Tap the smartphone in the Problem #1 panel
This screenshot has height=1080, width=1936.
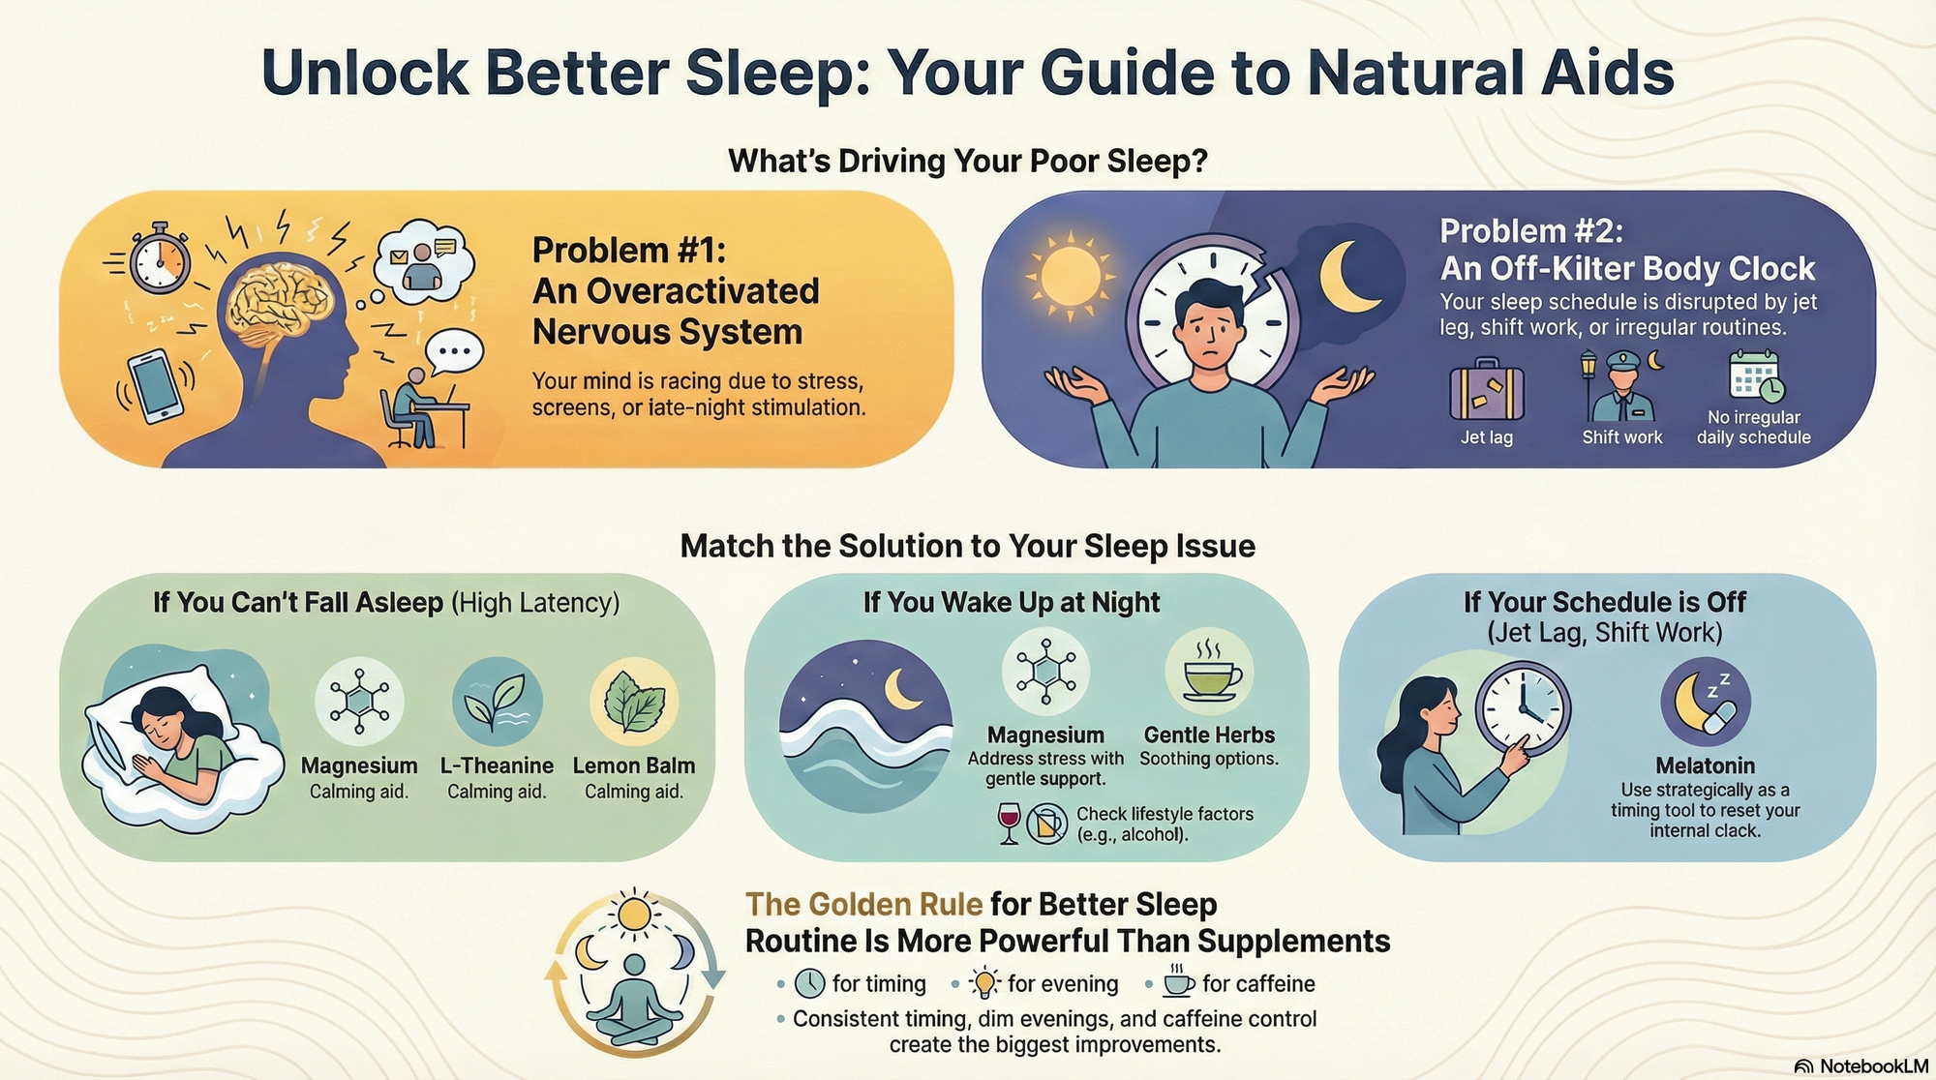[156, 385]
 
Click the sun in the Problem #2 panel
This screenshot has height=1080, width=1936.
[1070, 275]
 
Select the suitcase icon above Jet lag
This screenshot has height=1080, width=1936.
[1487, 390]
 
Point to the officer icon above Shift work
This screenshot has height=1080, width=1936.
[1620, 385]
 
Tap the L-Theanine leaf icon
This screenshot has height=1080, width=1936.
[497, 702]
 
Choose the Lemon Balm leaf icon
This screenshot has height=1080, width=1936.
[634, 702]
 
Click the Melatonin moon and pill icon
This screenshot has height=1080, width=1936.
[1706, 703]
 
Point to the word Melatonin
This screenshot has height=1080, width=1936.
[1705, 765]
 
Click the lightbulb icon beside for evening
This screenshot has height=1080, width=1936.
[984, 983]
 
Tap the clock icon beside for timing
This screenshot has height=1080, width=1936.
[809, 983]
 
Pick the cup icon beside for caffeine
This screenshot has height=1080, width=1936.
[1178, 982]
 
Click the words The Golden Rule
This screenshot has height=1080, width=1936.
[863, 904]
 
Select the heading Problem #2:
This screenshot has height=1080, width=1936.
[1530, 231]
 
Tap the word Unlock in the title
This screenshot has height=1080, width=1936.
[364, 74]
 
